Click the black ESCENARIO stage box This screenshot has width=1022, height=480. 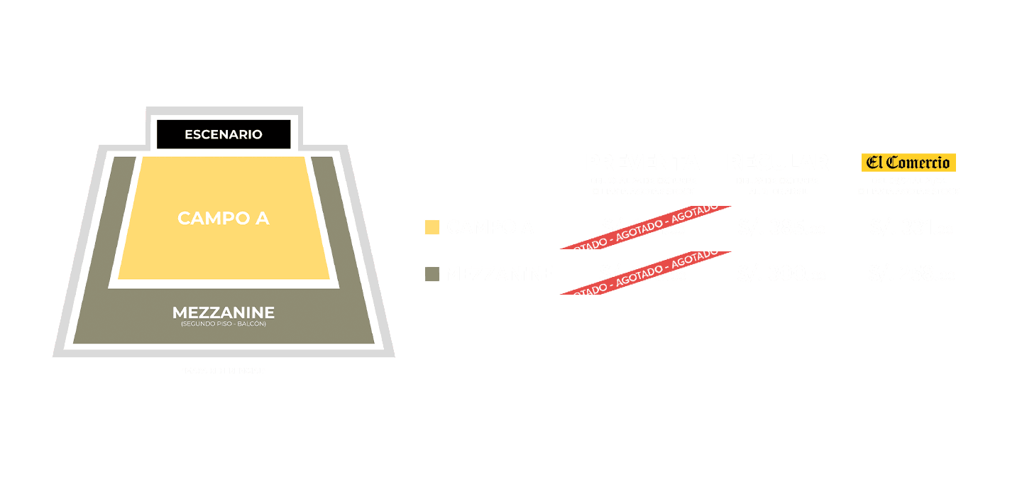[224, 134]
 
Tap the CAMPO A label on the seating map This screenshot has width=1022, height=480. [224, 218]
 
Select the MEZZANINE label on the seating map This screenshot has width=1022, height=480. [224, 312]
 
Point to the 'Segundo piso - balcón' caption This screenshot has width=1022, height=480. [224, 324]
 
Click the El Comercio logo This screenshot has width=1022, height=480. [908, 163]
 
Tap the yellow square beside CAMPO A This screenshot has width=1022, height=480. [432, 227]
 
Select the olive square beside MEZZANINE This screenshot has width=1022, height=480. [432, 273]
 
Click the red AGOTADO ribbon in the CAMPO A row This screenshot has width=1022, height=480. [646, 227]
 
